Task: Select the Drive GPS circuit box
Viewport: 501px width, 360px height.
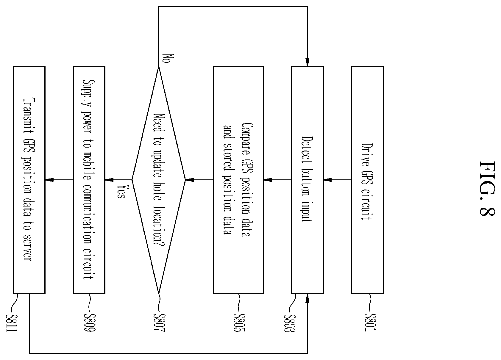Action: [x=367, y=180]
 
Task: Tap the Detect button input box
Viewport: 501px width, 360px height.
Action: [x=307, y=180]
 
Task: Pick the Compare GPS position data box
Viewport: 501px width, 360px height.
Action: [x=239, y=180]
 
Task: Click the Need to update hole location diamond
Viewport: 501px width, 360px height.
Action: [x=159, y=180]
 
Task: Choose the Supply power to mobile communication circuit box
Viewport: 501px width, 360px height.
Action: [x=89, y=180]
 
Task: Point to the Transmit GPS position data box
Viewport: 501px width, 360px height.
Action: [x=29, y=180]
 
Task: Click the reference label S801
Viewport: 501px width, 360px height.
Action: [x=371, y=322]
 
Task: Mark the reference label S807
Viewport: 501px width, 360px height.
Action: [x=159, y=323]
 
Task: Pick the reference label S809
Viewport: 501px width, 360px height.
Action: [x=90, y=323]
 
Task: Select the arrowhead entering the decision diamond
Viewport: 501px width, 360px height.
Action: [x=189, y=180]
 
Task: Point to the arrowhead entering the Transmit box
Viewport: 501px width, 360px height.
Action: [x=49, y=180]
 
